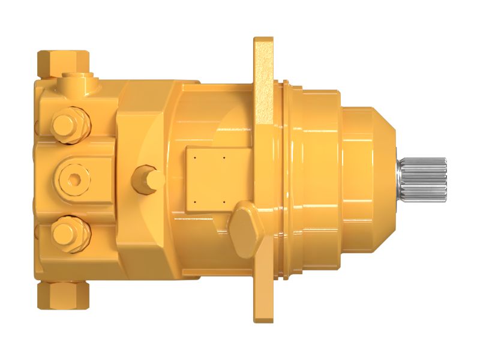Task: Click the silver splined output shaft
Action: tap(425, 179)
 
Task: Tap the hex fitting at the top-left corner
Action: tap(63, 62)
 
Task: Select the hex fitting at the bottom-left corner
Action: tap(63, 295)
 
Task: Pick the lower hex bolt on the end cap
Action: tap(71, 233)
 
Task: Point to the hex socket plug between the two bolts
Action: tap(73, 178)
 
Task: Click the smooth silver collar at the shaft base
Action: tap(398, 179)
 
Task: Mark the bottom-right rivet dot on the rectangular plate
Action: tap(223, 202)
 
